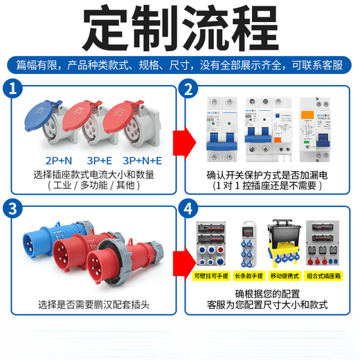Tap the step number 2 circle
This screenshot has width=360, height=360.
186,89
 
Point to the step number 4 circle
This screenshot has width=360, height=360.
186,207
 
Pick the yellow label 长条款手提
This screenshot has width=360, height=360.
251,276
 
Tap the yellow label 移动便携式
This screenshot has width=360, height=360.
286,276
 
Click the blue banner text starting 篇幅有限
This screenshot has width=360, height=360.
180,65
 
